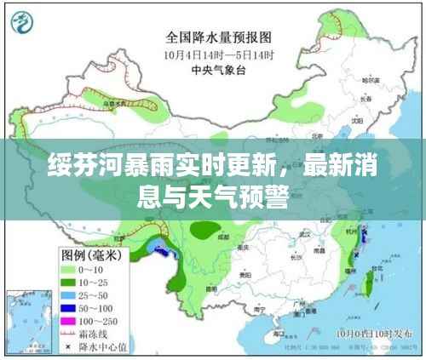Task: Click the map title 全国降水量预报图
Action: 217,37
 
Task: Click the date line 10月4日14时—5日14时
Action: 217,54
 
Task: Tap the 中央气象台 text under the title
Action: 217,71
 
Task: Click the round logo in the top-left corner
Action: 26,23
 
